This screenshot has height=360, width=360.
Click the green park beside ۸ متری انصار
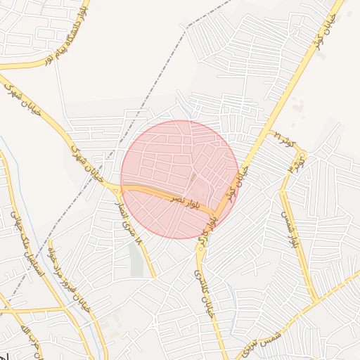pyautogui.click(x=136, y=259)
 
